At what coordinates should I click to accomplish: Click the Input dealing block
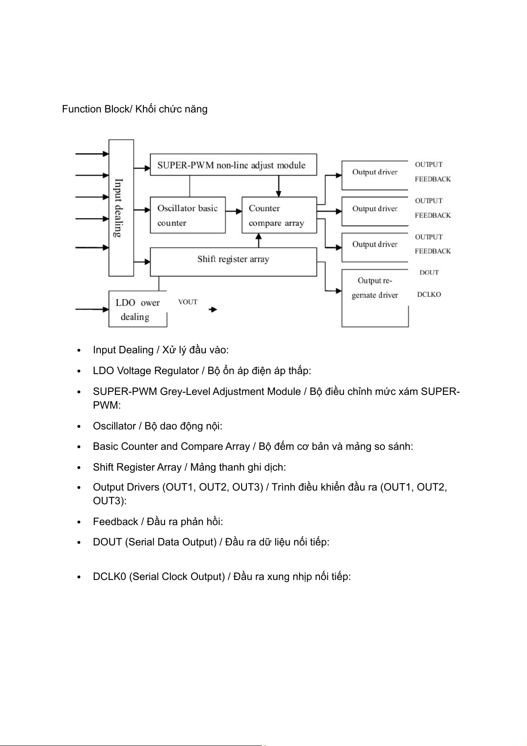click(x=121, y=208)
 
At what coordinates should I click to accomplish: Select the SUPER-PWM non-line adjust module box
click(x=233, y=165)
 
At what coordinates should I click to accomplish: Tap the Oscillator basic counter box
click(x=188, y=215)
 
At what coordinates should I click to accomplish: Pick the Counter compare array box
click(x=279, y=215)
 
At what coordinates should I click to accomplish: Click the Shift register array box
click(x=233, y=261)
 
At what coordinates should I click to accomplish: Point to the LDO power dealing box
click(x=138, y=309)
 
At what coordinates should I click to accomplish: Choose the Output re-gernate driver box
click(x=374, y=298)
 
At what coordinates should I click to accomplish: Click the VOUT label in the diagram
click(x=188, y=302)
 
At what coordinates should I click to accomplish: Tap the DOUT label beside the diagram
click(x=429, y=273)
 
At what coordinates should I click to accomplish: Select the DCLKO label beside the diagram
click(x=429, y=294)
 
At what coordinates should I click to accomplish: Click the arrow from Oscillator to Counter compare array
click(x=233, y=212)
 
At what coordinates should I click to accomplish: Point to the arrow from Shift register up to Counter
click(x=259, y=240)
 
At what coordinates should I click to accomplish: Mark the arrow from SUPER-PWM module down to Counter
click(x=279, y=186)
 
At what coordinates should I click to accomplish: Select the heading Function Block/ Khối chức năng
click(x=135, y=109)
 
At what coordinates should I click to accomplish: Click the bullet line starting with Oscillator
click(x=158, y=426)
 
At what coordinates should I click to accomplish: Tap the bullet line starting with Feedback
click(x=158, y=522)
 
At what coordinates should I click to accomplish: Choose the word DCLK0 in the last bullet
click(x=109, y=576)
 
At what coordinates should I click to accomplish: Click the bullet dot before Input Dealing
click(x=79, y=351)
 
